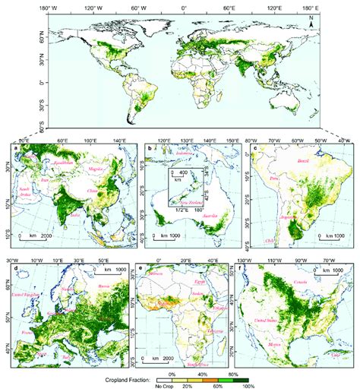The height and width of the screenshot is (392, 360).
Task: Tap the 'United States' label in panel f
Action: (286, 323)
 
